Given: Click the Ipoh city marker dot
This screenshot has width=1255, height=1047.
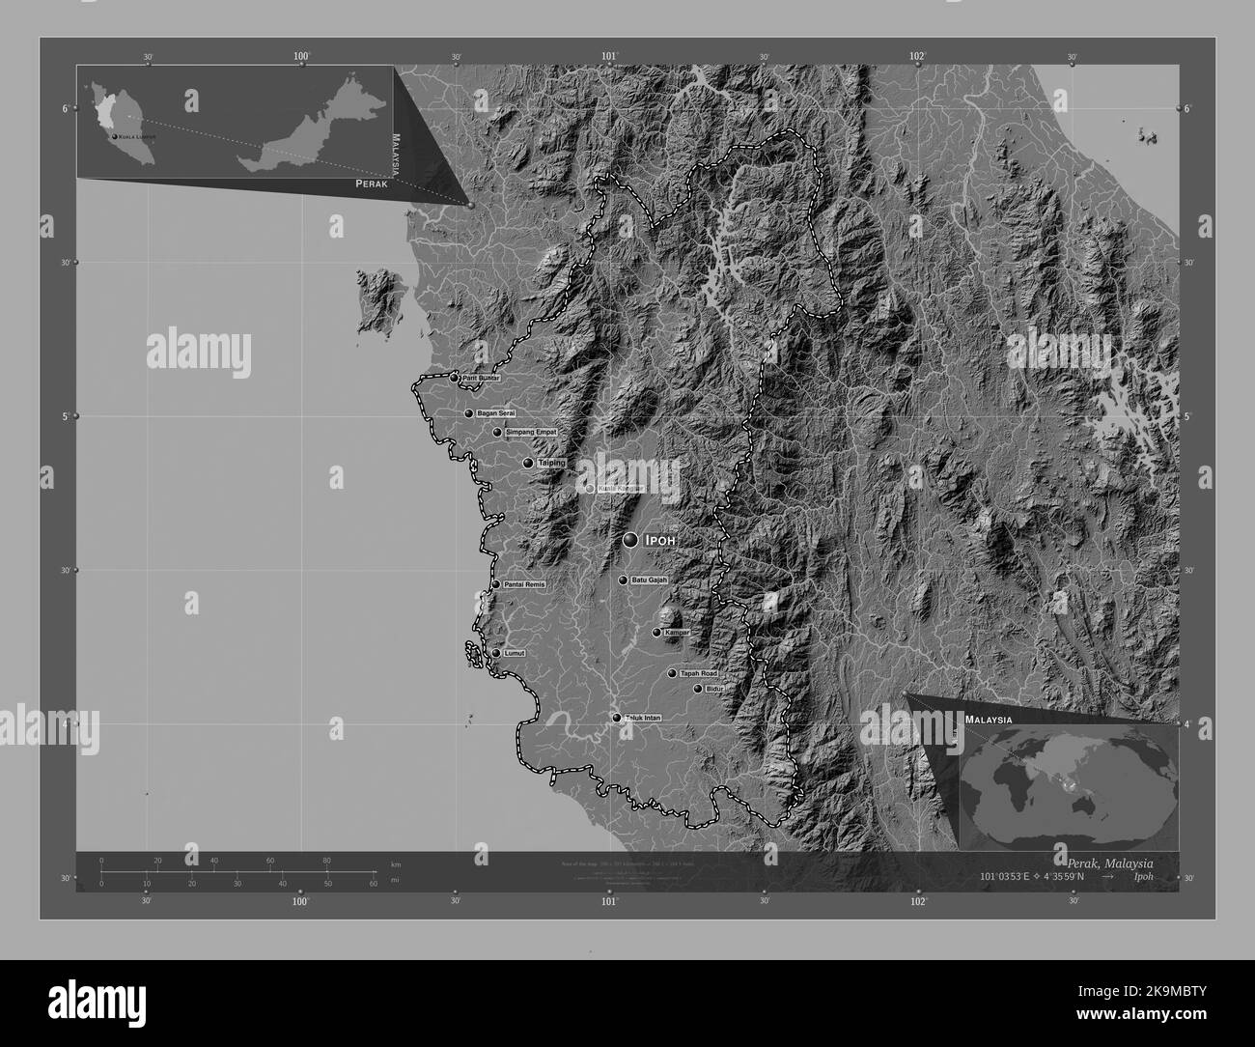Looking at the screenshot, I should (630, 540).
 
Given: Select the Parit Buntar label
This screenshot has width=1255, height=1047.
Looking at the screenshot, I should (480, 378).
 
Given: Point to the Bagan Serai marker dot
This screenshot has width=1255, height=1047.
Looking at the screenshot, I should (469, 413).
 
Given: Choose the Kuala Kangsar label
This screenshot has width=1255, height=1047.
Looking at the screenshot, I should (620, 489).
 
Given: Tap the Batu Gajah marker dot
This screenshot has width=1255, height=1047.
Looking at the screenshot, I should (623, 580).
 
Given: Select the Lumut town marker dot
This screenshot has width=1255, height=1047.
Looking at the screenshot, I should (496, 653).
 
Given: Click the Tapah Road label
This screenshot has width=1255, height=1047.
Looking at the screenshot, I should (699, 673).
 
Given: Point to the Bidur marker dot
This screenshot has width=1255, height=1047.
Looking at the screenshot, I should (698, 689).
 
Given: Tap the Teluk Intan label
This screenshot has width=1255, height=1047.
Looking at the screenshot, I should (643, 718).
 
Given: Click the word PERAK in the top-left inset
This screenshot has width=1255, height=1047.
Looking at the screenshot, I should (372, 183).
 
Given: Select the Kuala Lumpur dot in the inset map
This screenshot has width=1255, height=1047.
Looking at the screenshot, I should (115, 138).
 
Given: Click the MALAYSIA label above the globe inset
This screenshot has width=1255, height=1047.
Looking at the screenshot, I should (988, 721).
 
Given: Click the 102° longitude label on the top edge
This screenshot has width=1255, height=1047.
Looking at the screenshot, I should (916, 57).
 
